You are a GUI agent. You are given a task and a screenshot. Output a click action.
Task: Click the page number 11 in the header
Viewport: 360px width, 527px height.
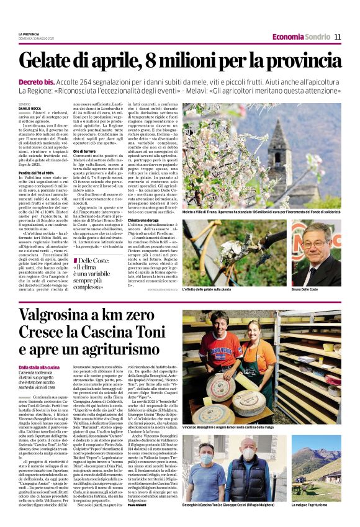point(338,36)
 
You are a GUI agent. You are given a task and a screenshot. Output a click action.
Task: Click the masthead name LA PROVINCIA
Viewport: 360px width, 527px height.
point(29,34)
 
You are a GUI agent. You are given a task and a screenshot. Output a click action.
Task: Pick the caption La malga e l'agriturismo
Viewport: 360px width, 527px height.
point(312,506)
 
